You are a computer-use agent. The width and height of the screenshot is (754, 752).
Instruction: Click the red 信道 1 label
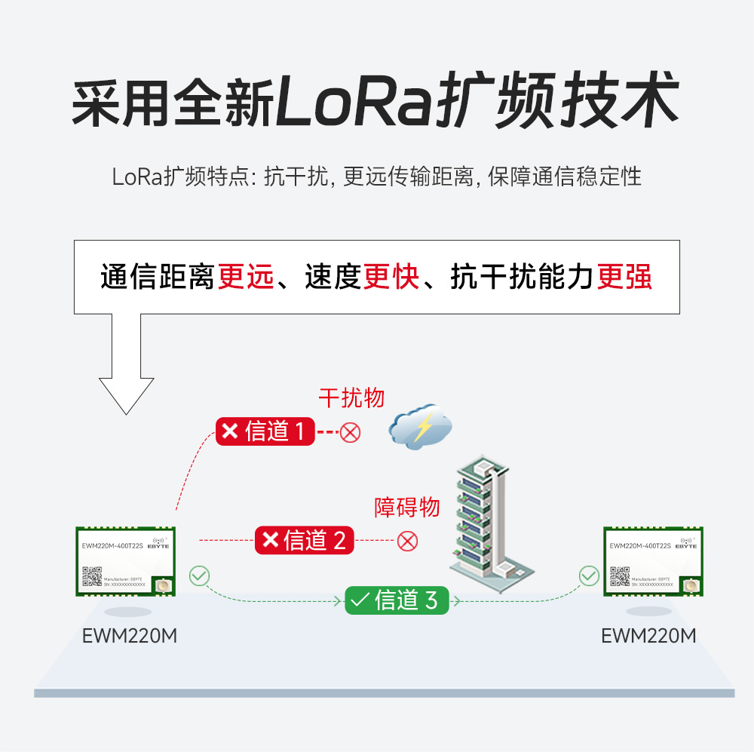click(265, 431)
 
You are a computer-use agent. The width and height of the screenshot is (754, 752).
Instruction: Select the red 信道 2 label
click(304, 540)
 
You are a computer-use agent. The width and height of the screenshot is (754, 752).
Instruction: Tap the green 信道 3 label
click(396, 600)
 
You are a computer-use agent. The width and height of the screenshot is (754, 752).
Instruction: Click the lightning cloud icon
click(421, 428)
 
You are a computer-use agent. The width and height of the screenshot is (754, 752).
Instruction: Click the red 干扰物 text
click(351, 398)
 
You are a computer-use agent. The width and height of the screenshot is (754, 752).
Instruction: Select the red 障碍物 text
click(407, 507)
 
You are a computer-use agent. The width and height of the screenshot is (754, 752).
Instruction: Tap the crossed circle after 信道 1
click(351, 432)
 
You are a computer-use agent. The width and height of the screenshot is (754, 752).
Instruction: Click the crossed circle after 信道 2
click(408, 540)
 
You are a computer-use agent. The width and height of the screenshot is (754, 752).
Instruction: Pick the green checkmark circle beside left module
click(199, 576)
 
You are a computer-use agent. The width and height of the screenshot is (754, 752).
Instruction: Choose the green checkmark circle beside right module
click(589, 576)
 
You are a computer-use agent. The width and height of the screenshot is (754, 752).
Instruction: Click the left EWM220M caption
click(130, 636)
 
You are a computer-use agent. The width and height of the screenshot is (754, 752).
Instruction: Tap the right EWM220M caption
click(648, 636)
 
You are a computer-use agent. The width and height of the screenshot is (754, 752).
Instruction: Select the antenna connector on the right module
click(689, 586)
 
